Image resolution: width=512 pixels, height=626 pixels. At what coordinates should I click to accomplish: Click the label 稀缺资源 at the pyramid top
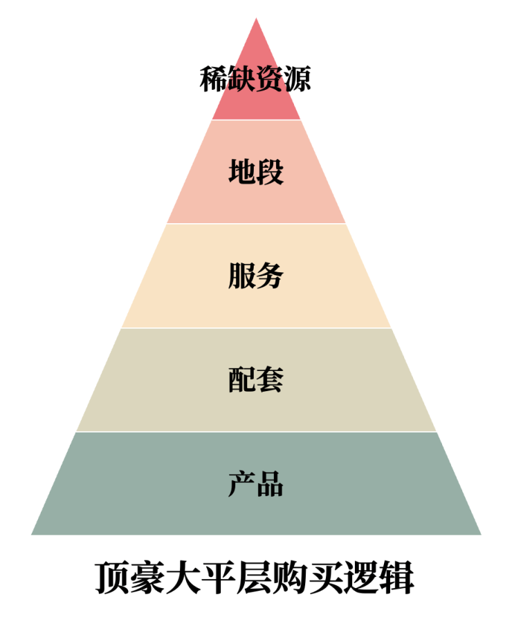(x=255, y=79)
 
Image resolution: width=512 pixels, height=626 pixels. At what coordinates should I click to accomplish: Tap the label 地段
(x=256, y=171)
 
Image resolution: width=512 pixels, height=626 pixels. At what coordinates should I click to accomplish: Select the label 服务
(x=256, y=276)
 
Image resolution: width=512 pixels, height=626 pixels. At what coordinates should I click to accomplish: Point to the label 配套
(x=256, y=379)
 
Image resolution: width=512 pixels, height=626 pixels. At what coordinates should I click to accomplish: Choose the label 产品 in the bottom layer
(x=256, y=484)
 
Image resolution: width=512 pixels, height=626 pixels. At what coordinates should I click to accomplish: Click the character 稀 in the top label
(x=213, y=79)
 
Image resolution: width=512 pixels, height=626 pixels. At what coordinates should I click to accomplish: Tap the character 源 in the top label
(x=298, y=79)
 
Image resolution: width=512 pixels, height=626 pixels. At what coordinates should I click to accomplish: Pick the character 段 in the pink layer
(x=271, y=171)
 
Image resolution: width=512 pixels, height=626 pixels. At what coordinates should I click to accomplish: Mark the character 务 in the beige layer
(x=271, y=276)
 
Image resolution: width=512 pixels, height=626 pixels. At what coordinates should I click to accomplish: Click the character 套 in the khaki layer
(x=271, y=379)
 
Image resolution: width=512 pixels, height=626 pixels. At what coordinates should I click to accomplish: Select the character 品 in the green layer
(x=271, y=484)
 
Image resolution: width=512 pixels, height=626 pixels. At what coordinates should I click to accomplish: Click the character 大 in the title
(x=183, y=578)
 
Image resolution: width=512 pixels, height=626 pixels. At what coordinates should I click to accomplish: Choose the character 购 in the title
(x=290, y=578)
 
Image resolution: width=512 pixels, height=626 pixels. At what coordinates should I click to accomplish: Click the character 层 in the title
(x=255, y=578)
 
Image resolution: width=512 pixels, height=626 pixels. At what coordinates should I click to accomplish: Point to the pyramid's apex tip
(x=256, y=18)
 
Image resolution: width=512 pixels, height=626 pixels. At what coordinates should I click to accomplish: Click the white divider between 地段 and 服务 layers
(x=256, y=224)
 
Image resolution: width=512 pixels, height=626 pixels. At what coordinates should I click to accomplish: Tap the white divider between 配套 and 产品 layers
(x=256, y=432)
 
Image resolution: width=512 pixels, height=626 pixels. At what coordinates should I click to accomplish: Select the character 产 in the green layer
(x=242, y=484)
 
